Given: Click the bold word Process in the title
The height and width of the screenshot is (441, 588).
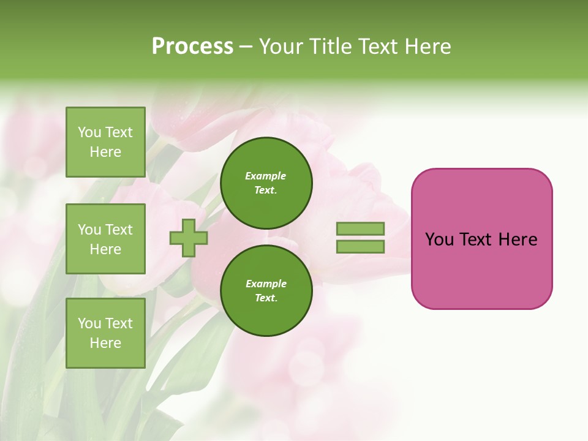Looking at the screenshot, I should (x=192, y=47).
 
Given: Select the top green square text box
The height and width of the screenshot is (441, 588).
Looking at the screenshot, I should (x=105, y=142).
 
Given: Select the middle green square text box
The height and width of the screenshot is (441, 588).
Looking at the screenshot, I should (x=105, y=239).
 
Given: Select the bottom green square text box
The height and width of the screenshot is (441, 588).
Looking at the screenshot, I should (x=105, y=333).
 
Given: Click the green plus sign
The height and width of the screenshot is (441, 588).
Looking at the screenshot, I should (x=188, y=238).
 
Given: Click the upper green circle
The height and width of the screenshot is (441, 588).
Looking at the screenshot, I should (x=266, y=183).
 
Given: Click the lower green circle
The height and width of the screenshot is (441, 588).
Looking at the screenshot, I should (x=266, y=291).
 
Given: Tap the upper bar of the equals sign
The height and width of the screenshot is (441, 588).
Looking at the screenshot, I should (x=360, y=228).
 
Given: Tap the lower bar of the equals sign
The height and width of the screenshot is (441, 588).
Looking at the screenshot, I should (x=360, y=247).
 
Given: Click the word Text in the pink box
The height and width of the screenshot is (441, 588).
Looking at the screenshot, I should (x=477, y=239).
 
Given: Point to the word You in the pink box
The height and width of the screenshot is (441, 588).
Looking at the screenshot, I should (x=439, y=239).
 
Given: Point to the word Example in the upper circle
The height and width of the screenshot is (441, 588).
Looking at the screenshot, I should (x=266, y=176).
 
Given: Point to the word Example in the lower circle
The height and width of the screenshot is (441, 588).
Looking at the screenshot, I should (x=266, y=284).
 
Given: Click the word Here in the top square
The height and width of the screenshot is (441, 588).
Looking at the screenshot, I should (x=105, y=153).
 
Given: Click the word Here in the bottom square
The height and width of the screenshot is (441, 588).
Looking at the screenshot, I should (x=105, y=344).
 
